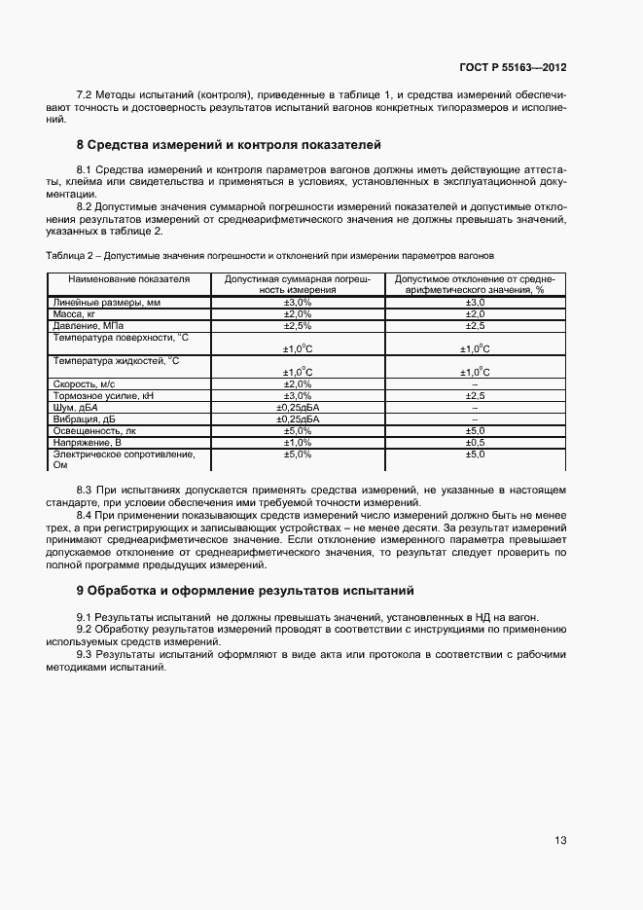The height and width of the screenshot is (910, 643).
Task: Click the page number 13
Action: (x=560, y=841)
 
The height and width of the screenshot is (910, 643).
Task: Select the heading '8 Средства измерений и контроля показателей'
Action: (x=229, y=145)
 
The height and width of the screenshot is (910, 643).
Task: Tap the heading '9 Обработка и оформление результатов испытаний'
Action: (x=245, y=590)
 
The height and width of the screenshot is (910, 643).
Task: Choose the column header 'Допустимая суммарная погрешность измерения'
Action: (x=297, y=283)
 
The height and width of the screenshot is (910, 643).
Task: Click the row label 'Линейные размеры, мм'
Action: (x=98, y=303)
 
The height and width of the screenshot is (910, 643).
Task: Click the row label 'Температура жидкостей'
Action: (x=116, y=360)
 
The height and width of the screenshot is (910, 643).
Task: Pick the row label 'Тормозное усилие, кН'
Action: (x=102, y=395)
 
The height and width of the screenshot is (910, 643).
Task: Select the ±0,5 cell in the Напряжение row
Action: (x=475, y=442)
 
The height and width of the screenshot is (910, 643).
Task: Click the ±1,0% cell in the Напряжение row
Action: (x=297, y=442)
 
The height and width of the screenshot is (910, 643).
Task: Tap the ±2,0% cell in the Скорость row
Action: (x=297, y=384)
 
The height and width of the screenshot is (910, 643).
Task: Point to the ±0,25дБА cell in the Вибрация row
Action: (x=297, y=419)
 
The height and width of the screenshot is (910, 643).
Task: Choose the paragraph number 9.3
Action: (x=85, y=654)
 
